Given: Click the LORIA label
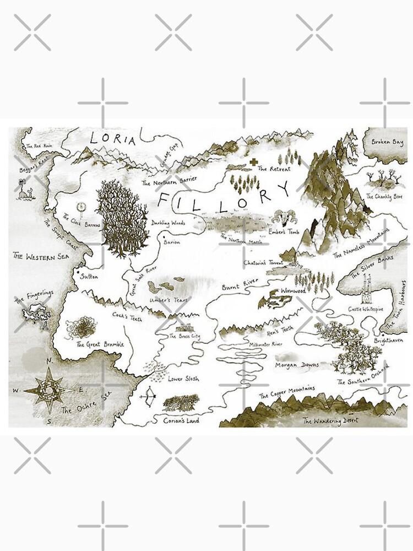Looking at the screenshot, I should coord(112,139).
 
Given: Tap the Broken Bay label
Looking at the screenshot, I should coord(387,142).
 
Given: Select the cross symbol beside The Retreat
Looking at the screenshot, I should coord(253,163).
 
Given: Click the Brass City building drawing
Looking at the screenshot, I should coord(182,329).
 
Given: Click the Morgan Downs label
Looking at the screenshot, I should coord(297,365).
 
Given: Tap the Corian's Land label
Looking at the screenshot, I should coord(181,420).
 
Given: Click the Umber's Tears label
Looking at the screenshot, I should coord(169,300).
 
